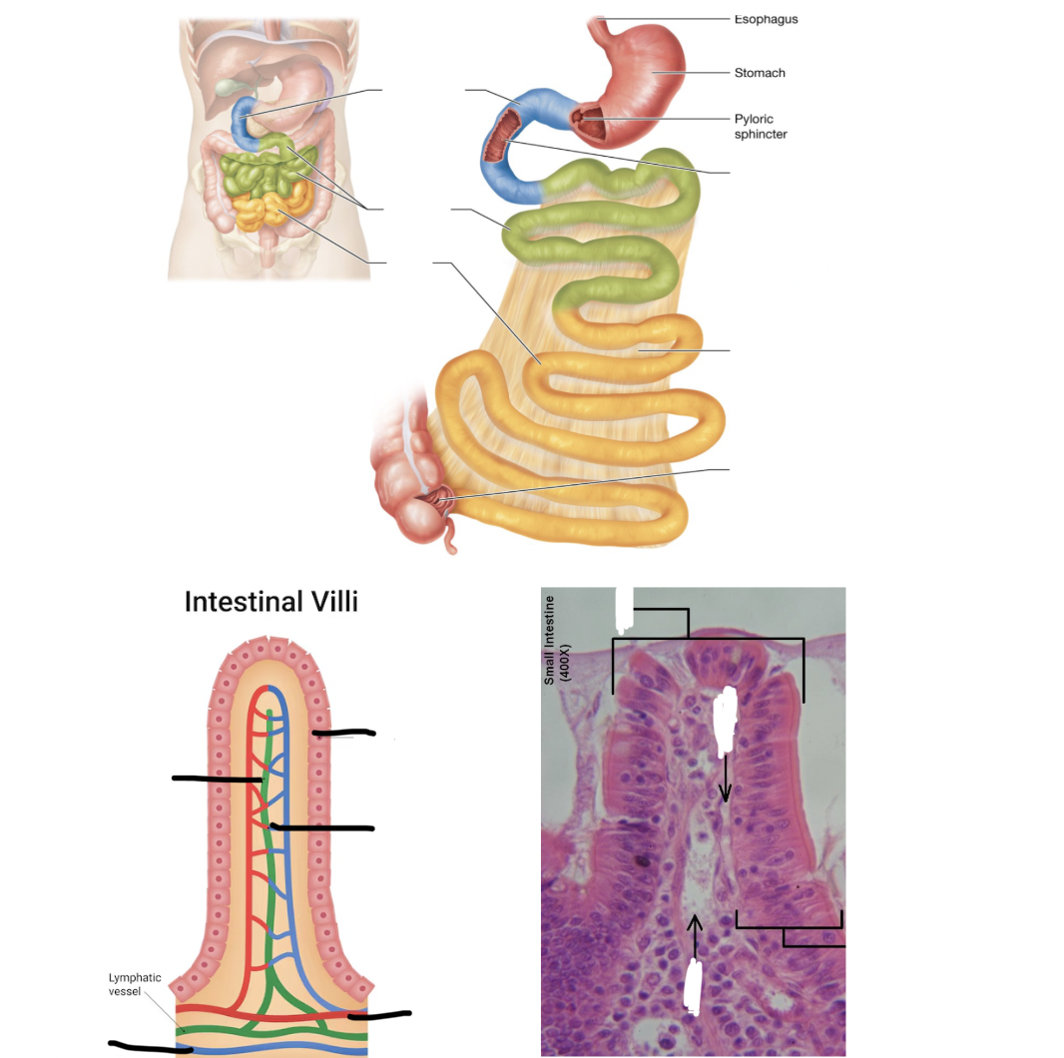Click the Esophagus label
(766, 19)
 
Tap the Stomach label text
(760, 73)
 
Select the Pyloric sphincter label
(761, 126)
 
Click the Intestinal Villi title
(270, 601)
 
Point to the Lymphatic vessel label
(135, 984)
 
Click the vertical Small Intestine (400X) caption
(557, 639)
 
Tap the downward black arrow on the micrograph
(725, 779)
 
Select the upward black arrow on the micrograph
(694, 936)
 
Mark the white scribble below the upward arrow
(694, 986)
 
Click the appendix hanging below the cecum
(450, 536)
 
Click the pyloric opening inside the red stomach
(578, 118)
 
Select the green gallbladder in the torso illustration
(228, 88)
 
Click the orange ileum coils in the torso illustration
(271, 208)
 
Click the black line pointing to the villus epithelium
(343, 733)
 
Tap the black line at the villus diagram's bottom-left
(151, 1047)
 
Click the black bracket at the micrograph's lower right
(791, 927)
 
